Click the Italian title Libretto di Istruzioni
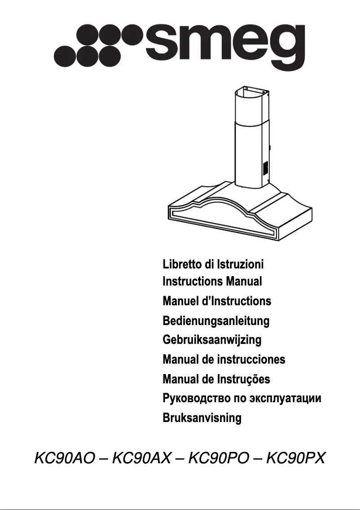click(213, 264)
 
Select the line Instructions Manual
click(212, 282)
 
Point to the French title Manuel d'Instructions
click(217, 301)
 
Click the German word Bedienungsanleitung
click(216, 321)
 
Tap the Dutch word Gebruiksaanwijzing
click(212, 340)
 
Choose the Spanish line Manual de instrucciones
click(224, 360)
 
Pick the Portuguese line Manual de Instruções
click(216, 379)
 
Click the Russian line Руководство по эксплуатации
click(242, 399)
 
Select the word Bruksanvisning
click(202, 418)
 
